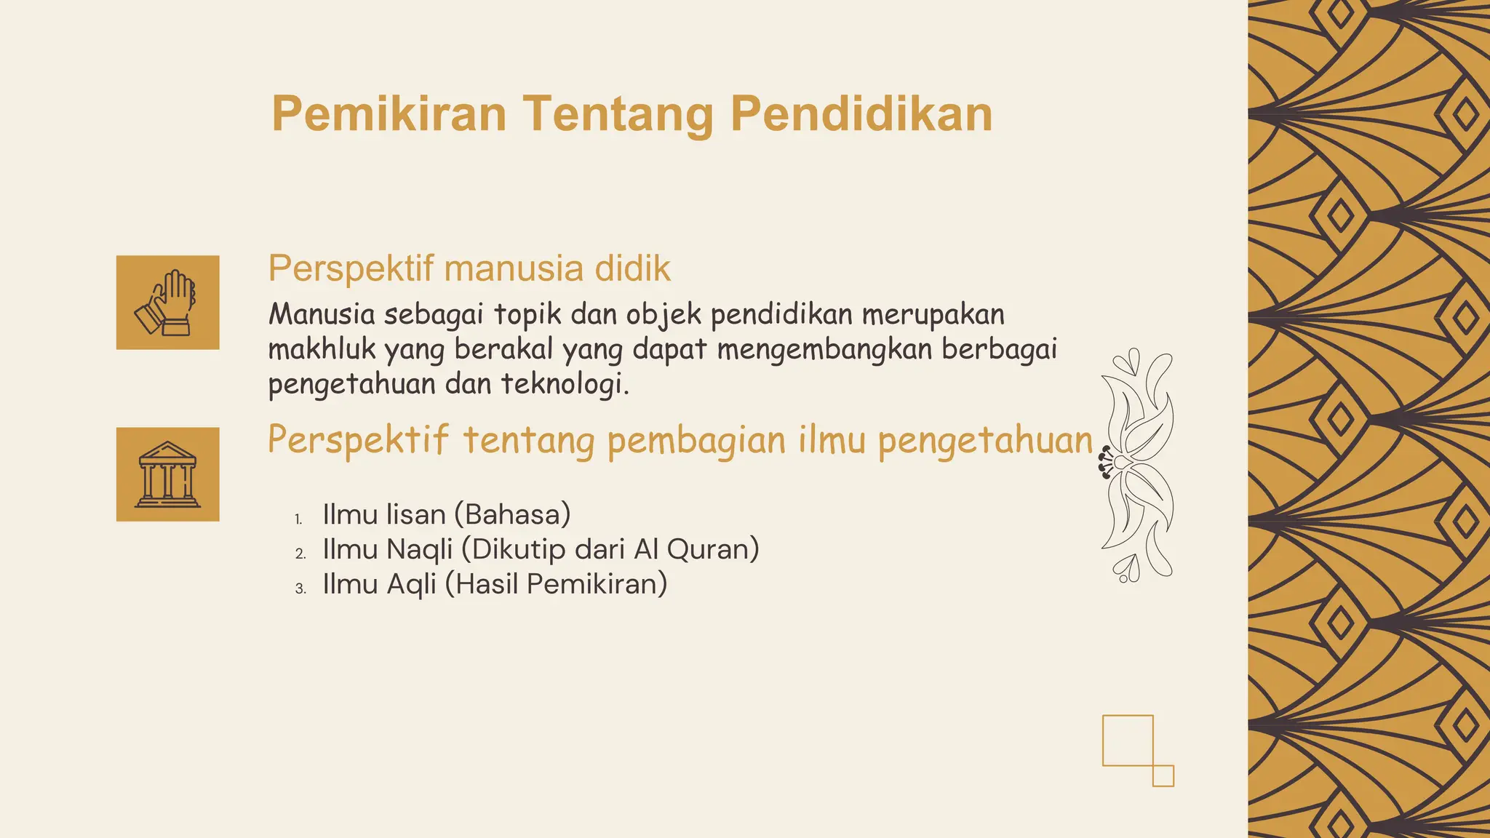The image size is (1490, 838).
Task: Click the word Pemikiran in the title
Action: coord(389,114)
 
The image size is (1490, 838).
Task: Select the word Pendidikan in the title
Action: coord(861,114)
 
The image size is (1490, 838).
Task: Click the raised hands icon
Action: coord(167,303)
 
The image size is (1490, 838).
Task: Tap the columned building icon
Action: coord(167,474)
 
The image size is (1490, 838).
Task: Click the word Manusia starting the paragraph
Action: coord(322,314)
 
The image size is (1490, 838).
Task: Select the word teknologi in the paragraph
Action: coord(565,384)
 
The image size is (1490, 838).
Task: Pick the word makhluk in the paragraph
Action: coord(322,349)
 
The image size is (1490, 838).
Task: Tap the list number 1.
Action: coord(298,519)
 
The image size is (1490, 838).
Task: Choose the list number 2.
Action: coord(300,554)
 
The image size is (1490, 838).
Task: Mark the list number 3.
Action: coord(300,589)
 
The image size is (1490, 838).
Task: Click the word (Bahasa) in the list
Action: coord(512,514)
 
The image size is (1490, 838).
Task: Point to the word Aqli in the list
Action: coord(411,584)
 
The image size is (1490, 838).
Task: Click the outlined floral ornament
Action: coord(1136,466)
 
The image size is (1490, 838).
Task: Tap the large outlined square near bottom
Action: coord(1128,741)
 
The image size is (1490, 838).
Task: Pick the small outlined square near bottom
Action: coord(1163,775)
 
